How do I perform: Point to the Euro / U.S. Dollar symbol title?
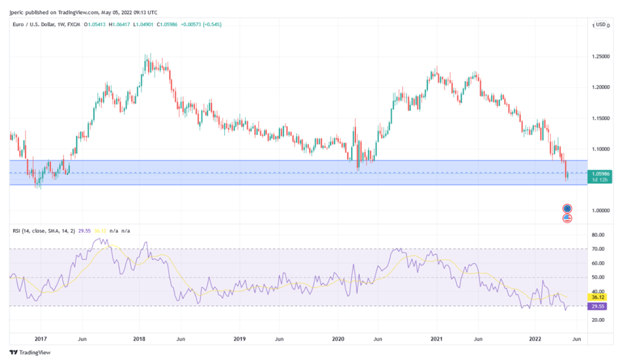click(37, 25)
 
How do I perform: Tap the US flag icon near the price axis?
click(567, 218)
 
